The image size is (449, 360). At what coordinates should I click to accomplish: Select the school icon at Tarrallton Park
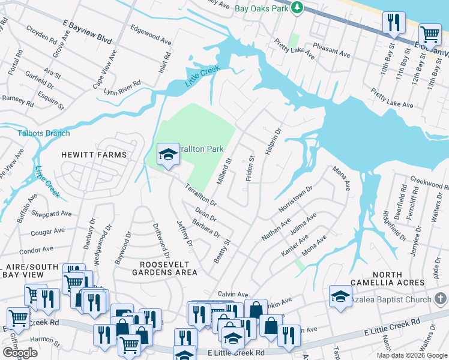[x=169, y=155]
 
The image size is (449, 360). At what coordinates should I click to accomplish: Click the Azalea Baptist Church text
[x=390, y=299]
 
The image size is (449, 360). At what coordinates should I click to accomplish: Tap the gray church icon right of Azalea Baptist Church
[x=440, y=299]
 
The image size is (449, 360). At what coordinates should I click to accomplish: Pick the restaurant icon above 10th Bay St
[x=394, y=23]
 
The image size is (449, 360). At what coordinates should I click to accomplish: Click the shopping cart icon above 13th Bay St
[x=430, y=35]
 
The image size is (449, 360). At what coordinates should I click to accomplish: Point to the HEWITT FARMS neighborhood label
[x=94, y=155]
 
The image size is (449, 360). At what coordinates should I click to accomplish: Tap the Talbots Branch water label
[x=43, y=133]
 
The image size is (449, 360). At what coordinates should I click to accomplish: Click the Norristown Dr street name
[x=296, y=199]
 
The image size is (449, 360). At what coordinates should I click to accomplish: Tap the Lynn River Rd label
[x=122, y=88]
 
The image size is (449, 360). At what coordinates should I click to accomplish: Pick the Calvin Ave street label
[x=233, y=295]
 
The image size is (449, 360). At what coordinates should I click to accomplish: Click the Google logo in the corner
[x=20, y=352]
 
